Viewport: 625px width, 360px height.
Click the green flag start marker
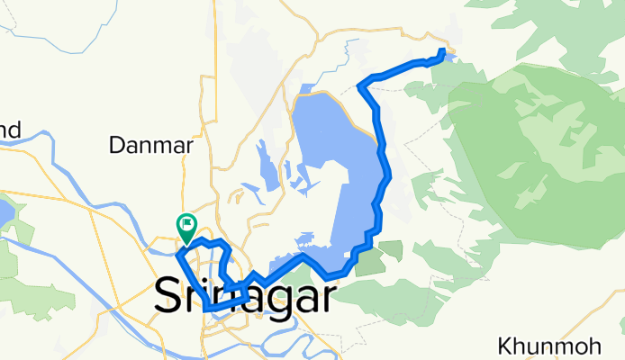[x=187, y=225]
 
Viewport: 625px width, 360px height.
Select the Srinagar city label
[x=245, y=295]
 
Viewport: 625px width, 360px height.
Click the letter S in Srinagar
[x=172, y=295]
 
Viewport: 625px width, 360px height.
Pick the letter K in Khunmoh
[x=504, y=346]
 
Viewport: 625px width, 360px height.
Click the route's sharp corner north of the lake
[x=360, y=85]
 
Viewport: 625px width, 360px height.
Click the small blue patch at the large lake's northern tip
[x=306, y=89]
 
